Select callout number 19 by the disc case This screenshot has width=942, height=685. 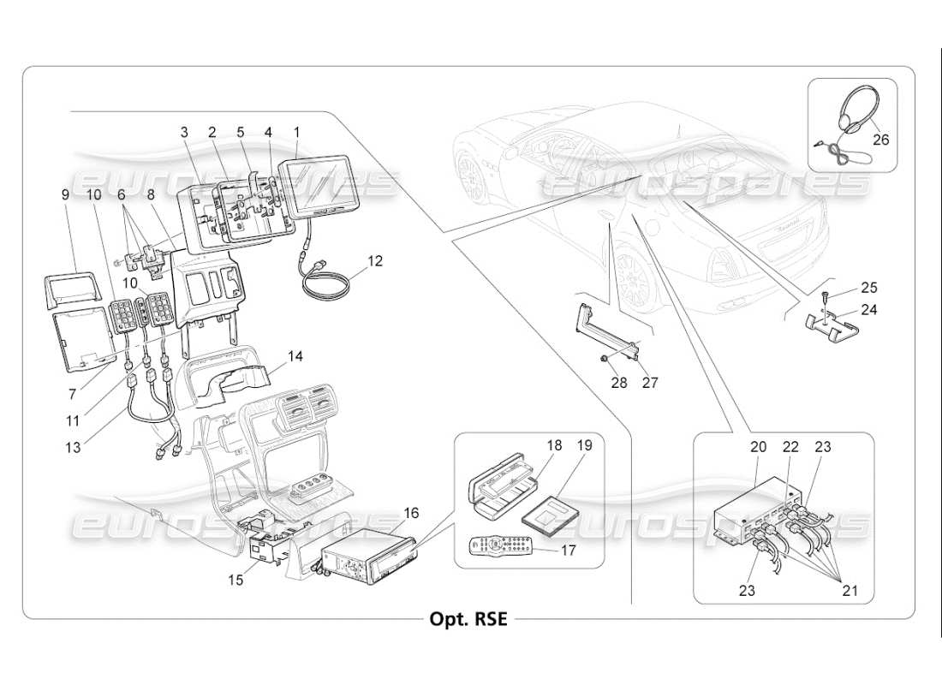pyautogui.click(x=585, y=445)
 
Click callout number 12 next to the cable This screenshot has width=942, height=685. pyautogui.click(x=375, y=259)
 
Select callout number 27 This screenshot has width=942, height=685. pyautogui.click(x=650, y=384)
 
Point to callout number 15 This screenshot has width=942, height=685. pyautogui.click(x=235, y=580)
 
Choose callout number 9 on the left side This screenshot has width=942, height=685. pyautogui.click(x=65, y=194)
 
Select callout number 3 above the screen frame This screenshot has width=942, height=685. pyautogui.click(x=183, y=133)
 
